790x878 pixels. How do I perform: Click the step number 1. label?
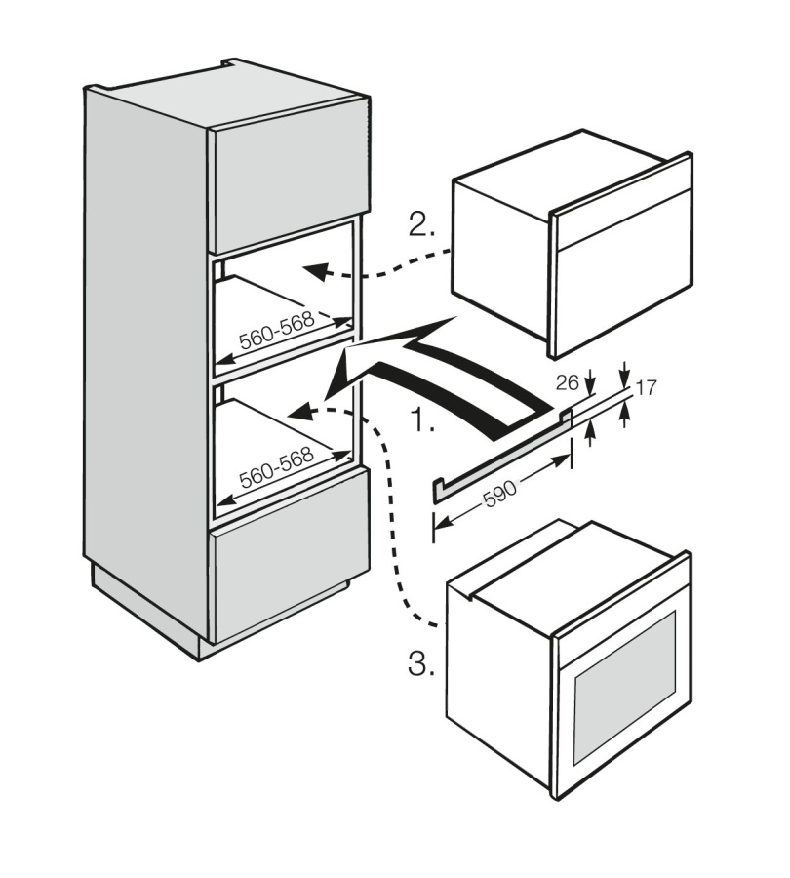tap(422, 422)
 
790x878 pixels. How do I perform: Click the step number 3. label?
tap(420, 665)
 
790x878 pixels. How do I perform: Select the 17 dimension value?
tap(645, 388)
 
